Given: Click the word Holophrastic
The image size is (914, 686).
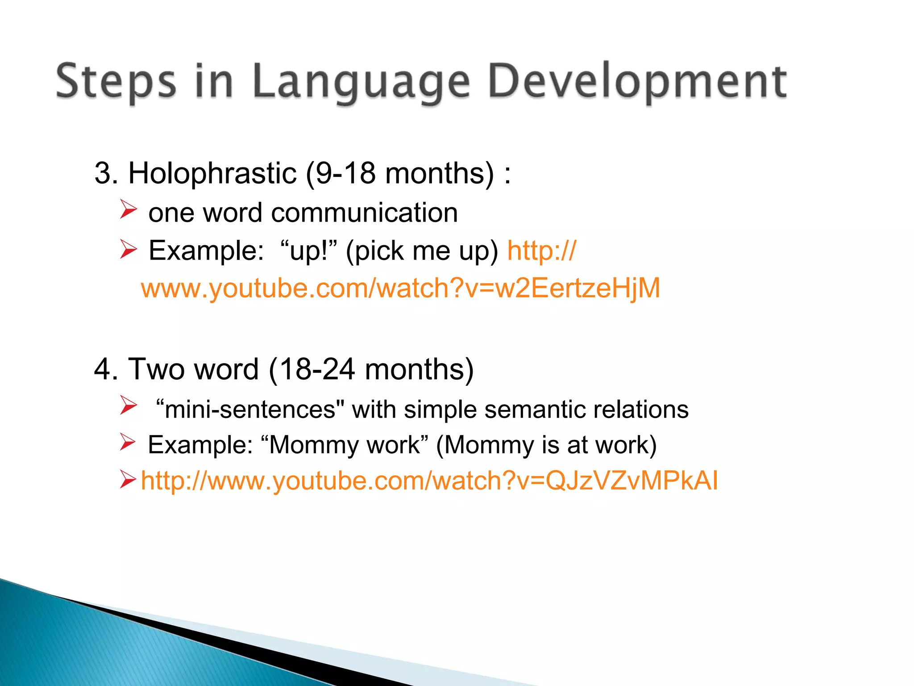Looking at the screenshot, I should point(212,173).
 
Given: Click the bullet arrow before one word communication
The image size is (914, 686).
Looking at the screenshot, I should point(128,210).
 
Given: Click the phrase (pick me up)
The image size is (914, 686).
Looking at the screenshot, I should point(422,251).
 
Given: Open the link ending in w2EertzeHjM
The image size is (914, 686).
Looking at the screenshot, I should point(400,288).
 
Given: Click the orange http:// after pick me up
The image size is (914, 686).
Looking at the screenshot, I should point(541,251).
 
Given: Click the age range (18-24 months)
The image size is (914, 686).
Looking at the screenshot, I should point(371,369).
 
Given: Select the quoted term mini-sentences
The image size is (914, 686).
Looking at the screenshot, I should point(250,410).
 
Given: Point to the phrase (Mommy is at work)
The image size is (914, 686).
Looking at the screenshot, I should point(546,445).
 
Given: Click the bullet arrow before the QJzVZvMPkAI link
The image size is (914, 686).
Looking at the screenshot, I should point(128,481).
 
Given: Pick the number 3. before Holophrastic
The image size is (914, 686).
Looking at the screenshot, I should point(106,173).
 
